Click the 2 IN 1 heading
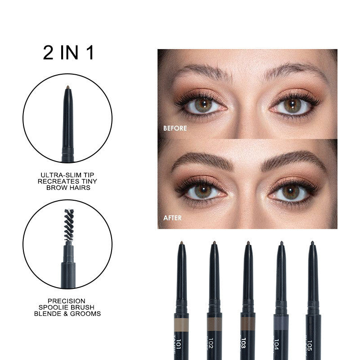click(x=68, y=53)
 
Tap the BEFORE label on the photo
click(x=175, y=128)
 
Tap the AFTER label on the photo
click(x=172, y=218)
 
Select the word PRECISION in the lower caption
click(x=67, y=301)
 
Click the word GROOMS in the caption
click(x=88, y=313)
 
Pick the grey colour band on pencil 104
click(x=281, y=323)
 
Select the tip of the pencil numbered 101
click(x=181, y=243)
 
